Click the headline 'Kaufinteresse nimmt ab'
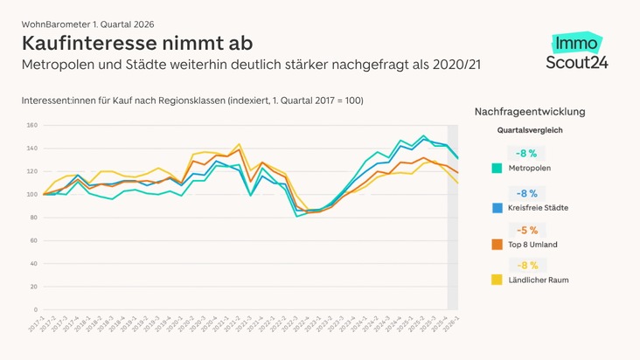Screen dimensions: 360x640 [x=137, y=43]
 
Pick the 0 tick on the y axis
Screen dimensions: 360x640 [x=35, y=309]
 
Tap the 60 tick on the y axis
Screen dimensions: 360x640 [x=32, y=240]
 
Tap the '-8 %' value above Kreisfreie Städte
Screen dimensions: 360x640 [x=527, y=193]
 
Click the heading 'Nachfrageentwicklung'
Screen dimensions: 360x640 [x=530, y=112]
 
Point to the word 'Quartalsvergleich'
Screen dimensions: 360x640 [x=530, y=130]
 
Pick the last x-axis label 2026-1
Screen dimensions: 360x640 [x=452, y=325]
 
